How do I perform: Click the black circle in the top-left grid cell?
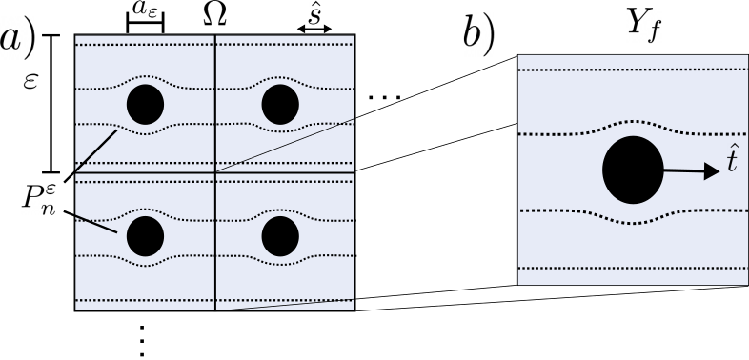coord(146,103)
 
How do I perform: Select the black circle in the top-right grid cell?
coord(280,103)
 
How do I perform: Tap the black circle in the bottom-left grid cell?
coord(146,235)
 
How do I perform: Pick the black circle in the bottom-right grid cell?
coord(280,235)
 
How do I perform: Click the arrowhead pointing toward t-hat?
coord(710,171)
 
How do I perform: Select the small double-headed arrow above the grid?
coord(314,29)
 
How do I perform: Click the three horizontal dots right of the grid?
coord(383,97)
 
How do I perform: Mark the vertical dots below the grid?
coord(141,340)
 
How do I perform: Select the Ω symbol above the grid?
coord(215,13)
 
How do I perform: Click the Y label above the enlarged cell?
coord(633,23)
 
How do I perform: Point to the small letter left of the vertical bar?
coord(31,84)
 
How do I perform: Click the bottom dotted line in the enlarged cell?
coord(633,269)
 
